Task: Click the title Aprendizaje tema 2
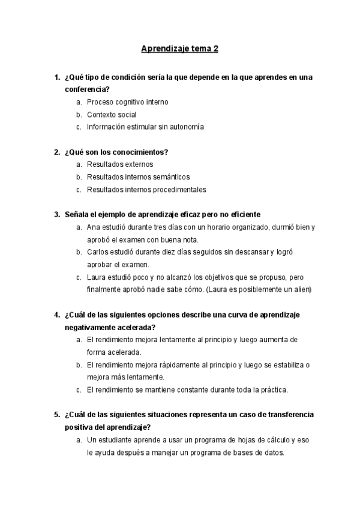click(x=179, y=48)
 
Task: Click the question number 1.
click(x=56, y=77)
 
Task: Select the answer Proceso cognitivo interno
click(x=127, y=102)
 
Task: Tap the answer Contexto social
click(x=112, y=115)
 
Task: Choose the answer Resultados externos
click(x=120, y=164)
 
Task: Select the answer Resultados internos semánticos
click(x=138, y=177)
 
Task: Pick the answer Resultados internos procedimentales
click(x=146, y=190)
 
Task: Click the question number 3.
click(x=56, y=215)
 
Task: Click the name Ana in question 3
click(x=93, y=227)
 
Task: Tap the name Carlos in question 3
click(x=97, y=253)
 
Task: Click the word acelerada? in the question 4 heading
click(x=137, y=327)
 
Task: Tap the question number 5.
click(x=56, y=415)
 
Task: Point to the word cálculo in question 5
click(x=261, y=440)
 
